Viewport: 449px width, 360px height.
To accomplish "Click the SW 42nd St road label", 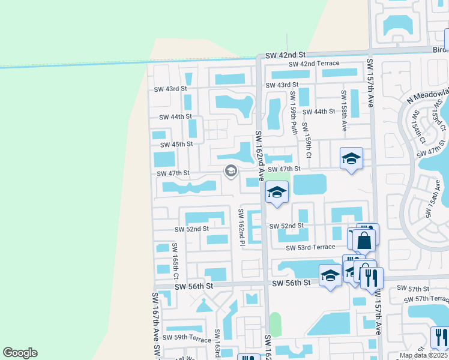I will pyautogui.click(x=285, y=55).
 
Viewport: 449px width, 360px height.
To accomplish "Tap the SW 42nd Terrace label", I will pyautogui.click(x=314, y=64).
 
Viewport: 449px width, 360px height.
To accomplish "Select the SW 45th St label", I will pyautogui.click(x=176, y=144).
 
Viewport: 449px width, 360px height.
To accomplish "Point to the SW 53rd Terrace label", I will pyautogui.click(x=310, y=247).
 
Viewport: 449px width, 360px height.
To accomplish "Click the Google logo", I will pyautogui.click(x=20, y=352).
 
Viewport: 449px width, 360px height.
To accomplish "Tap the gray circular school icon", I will pyautogui.click(x=230, y=171).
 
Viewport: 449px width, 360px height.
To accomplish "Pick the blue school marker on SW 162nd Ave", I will pyautogui.click(x=277, y=193).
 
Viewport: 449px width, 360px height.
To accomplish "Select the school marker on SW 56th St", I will pyautogui.click(x=330, y=275).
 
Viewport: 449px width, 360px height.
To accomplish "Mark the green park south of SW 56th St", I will pyautogui.click(x=275, y=324).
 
